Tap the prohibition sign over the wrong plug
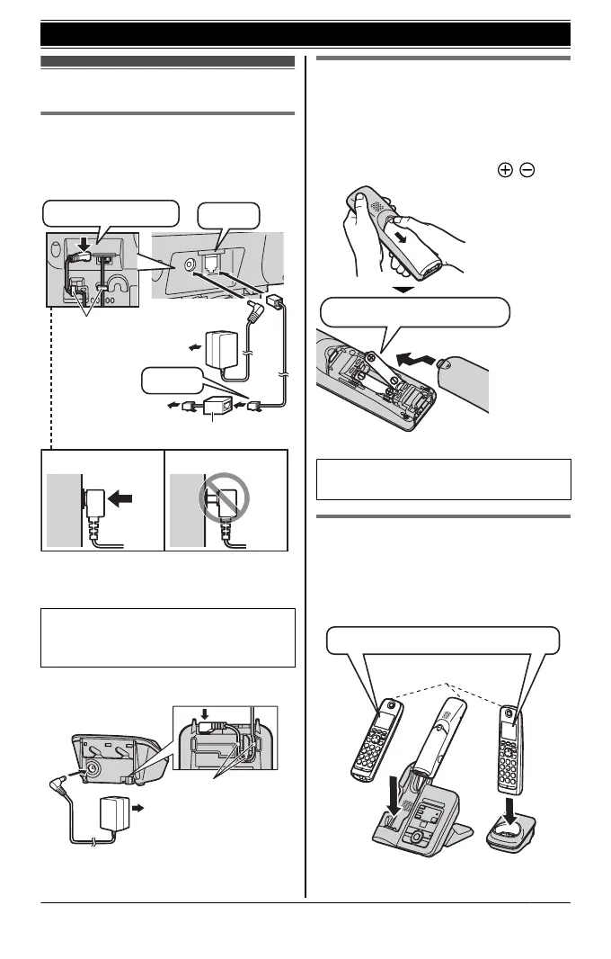[x=229, y=499]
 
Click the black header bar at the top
[x=305, y=34]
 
